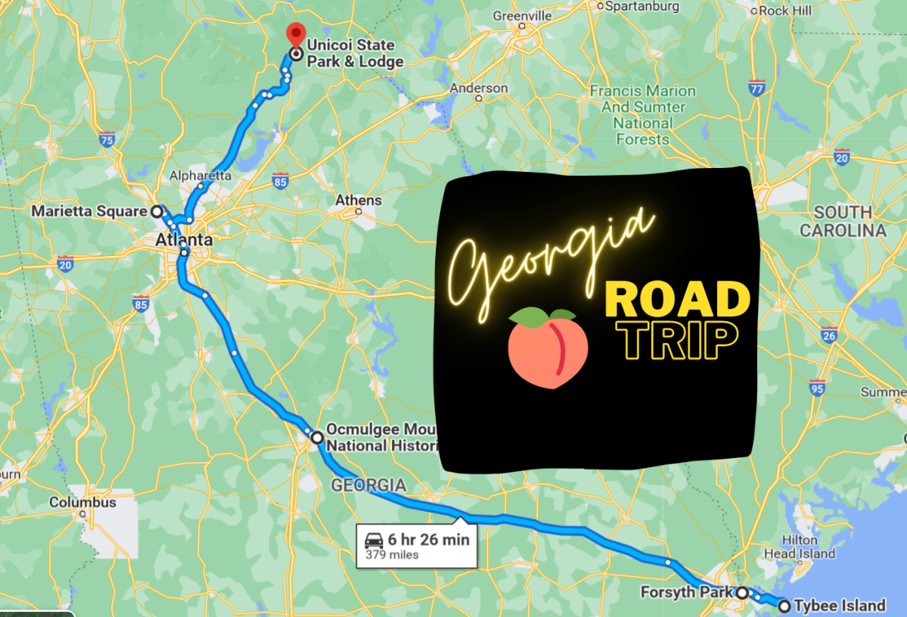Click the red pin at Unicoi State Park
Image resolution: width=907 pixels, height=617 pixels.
pyautogui.click(x=295, y=34)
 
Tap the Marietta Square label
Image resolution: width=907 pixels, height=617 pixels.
pyautogui.click(x=89, y=211)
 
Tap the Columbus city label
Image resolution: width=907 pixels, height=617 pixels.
pyautogui.click(x=82, y=502)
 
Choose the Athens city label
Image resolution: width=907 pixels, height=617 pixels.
pyautogui.click(x=359, y=201)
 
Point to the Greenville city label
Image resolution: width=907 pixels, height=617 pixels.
pyautogui.click(x=522, y=16)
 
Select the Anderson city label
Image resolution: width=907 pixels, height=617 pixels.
pyautogui.click(x=479, y=88)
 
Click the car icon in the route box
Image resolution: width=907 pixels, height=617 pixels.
pyautogui.click(x=374, y=540)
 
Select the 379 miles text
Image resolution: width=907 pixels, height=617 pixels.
pyautogui.click(x=392, y=555)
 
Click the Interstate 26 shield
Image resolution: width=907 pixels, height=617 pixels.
pyautogui.click(x=830, y=335)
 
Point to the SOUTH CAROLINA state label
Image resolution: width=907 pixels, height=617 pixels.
pyautogui.click(x=843, y=221)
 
